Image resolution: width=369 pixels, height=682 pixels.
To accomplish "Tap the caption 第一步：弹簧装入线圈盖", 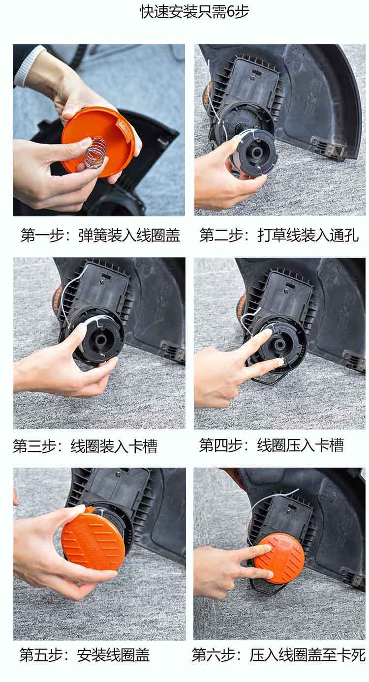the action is pos(100,236).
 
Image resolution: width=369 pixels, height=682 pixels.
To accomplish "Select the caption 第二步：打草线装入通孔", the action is pos(279,236).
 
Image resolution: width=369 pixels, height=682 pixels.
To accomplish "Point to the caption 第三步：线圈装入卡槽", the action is pos(85,446).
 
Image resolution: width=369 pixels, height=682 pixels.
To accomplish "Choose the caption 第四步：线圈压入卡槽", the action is pos(272,445).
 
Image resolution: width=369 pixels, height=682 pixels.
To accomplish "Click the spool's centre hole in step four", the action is pos(279,344).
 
